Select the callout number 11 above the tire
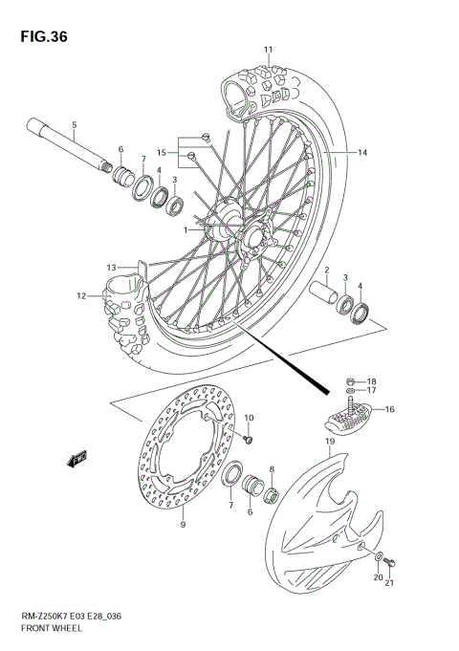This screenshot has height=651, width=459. [269, 50]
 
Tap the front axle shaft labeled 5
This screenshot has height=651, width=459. [66, 143]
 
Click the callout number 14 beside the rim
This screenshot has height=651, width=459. [362, 153]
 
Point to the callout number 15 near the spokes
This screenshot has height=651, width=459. [162, 153]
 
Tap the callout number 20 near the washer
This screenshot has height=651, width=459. [377, 578]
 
